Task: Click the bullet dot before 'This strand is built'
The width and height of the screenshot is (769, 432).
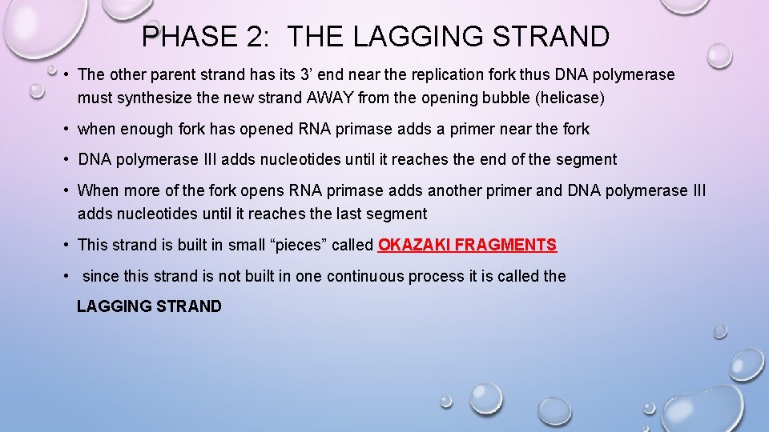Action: coord(66,245)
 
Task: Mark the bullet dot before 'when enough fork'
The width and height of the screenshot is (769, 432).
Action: coord(66,129)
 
